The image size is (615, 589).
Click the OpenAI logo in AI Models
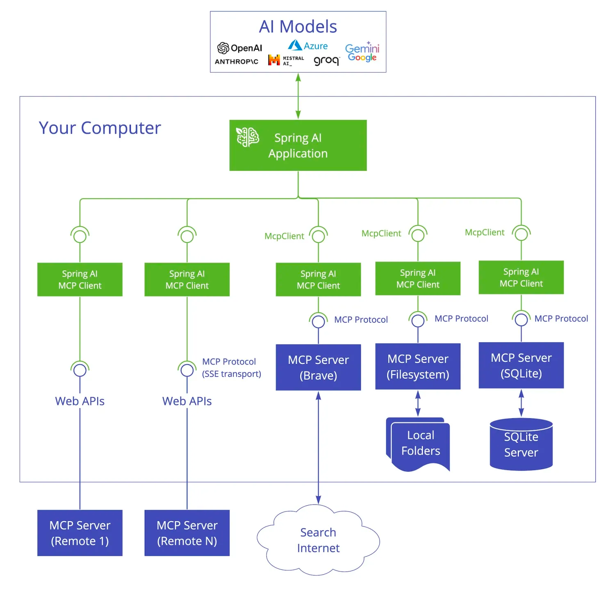[239, 48]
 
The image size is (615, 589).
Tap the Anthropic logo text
[237, 62]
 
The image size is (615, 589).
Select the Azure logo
[307, 46]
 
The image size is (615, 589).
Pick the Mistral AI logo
[286, 60]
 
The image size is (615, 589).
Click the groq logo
[326, 61]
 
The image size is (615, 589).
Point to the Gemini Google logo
[362, 52]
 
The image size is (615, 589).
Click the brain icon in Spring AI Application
[247, 137]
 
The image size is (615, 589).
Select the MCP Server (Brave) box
[318, 367]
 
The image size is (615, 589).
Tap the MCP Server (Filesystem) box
[418, 367]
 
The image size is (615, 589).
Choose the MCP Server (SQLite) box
[521, 365]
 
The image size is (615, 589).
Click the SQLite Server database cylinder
[521, 445]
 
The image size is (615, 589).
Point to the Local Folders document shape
[419, 444]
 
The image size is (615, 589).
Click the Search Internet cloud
[318, 540]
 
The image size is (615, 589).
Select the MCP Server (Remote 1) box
[80, 533]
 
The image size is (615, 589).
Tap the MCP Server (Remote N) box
[187, 533]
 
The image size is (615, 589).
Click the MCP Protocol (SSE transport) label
[231, 368]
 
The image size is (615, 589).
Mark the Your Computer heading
[100, 128]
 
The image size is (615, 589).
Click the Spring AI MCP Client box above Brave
[318, 280]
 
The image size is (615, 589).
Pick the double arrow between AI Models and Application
[298, 96]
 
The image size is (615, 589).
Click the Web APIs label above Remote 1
[80, 401]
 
